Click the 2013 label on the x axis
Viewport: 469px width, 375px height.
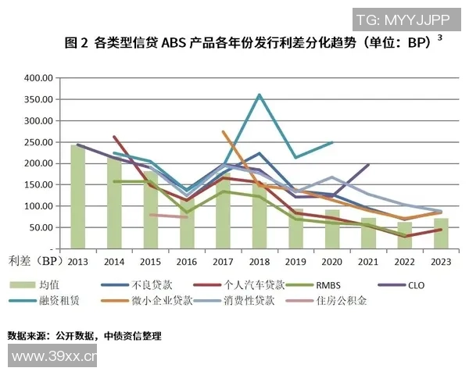click(77, 261)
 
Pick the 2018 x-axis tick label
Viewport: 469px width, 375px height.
click(260, 261)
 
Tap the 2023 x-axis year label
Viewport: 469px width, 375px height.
click(442, 261)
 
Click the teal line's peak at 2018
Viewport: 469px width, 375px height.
click(260, 95)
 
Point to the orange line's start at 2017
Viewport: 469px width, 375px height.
click(223, 132)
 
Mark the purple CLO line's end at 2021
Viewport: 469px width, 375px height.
click(369, 165)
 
